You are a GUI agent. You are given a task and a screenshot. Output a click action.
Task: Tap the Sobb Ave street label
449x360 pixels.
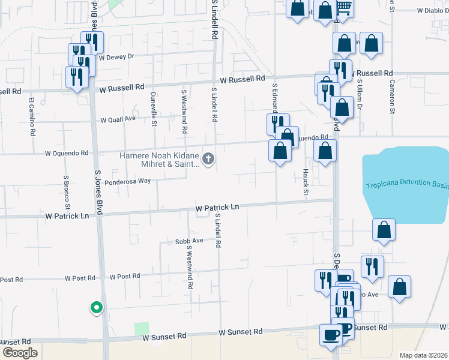[189, 241]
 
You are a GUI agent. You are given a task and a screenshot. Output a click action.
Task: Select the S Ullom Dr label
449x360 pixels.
[360, 94]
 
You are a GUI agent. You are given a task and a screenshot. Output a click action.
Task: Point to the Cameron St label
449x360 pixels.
[391, 96]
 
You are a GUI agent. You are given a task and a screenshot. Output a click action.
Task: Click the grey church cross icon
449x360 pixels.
[208, 159]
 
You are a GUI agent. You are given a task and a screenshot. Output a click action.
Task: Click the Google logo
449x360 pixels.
[20, 353]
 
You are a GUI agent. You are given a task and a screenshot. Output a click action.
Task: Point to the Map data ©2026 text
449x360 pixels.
[423, 355]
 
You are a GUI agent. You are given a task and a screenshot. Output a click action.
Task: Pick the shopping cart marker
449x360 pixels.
[343, 7]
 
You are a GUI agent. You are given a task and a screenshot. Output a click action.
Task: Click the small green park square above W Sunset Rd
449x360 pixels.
[142, 329]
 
